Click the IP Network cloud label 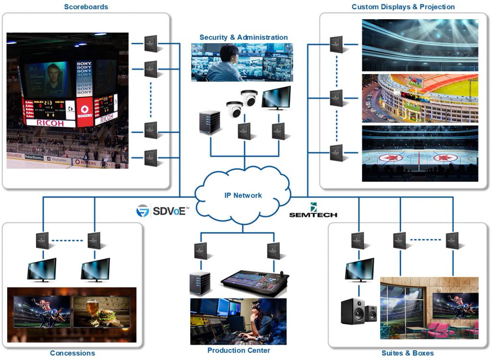(x=243, y=195)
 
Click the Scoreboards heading (x=86, y=7)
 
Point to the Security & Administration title (x=244, y=37)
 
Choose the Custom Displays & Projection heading (x=403, y=7)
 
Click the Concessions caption (x=73, y=353)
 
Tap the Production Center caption (x=239, y=350)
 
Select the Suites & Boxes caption (x=407, y=353)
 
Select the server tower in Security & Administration (x=209, y=124)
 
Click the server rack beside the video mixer (x=200, y=284)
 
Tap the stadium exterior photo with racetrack (x=419, y=99)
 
